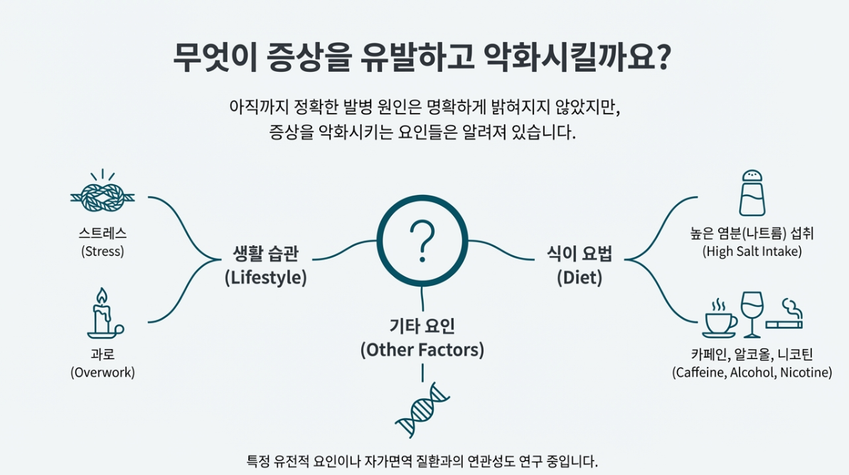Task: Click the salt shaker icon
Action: [x=752, y=193]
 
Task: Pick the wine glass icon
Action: [x=751, y=314]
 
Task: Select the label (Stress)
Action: [x=102, y=251]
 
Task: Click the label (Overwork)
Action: [x=102, y=372]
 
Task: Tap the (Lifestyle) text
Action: [x=265, y=277]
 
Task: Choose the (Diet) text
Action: [x=579, y=277]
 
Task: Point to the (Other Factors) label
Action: [x=422, y=350]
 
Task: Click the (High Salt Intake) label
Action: [x=752, y=251]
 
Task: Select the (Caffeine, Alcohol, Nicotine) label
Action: [x=752, y=372]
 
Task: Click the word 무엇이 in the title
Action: [x=213, y=58]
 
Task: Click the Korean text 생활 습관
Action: [x=265, y=253]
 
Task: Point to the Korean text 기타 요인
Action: [x=422, y=326]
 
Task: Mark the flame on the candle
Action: [x=102, y=296]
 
